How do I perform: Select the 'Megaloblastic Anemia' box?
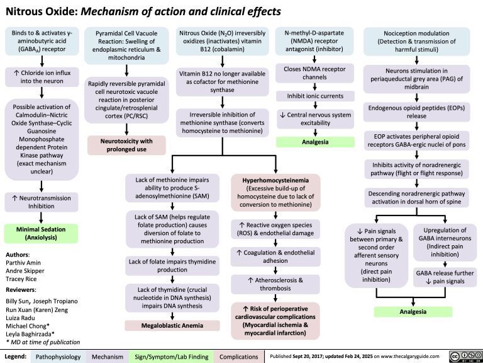(x=171, y=325)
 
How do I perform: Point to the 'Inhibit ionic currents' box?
(x=314, y=96)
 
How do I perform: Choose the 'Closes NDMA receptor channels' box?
(x=314, y=74)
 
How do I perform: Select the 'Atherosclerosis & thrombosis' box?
(x=275, y=284)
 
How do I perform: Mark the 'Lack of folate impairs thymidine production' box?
(x=171, y=265)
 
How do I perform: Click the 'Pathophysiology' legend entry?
(x=57, y=356)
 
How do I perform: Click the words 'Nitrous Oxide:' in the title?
(x=39, y=11)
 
